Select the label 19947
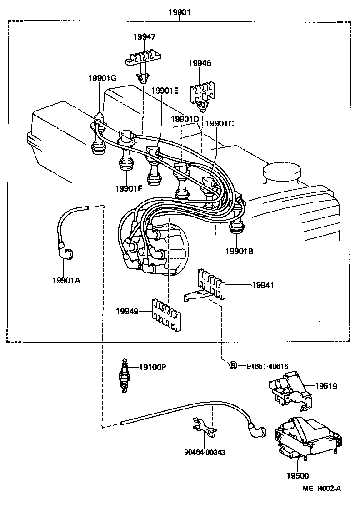tap(144, 37)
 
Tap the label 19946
tap(200, 63)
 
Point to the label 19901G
tap(102, 78)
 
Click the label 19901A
tap(66, 280)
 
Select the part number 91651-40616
tap(268, 365)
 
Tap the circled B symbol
tap(232, 365)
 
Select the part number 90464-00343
tap(205, 452)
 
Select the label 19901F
tap(129, 188)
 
